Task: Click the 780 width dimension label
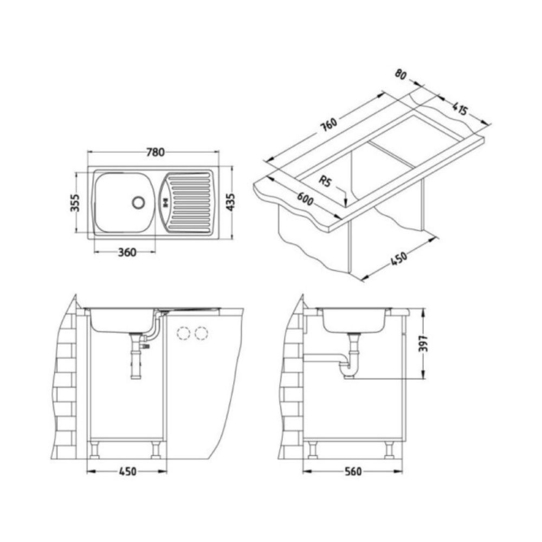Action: point(155,152)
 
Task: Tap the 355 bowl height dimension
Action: point(75,203)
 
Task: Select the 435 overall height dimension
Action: point(230,202)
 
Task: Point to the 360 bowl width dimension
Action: point(127,253)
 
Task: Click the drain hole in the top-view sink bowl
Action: point(139,202)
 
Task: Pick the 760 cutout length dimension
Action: point(328,125)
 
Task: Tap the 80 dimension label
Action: point(401,75)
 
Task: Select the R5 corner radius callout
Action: point(325,181)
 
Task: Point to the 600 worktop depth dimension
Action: point(305,199)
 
